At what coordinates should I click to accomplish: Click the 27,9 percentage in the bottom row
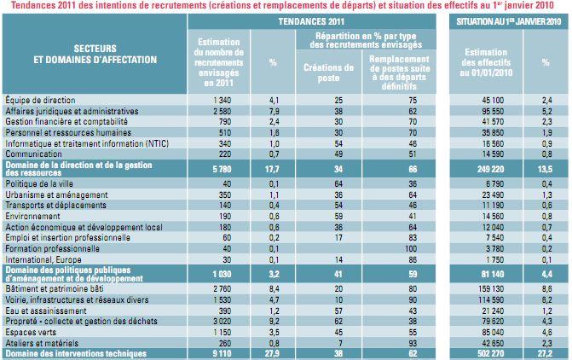tap(274, 351)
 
